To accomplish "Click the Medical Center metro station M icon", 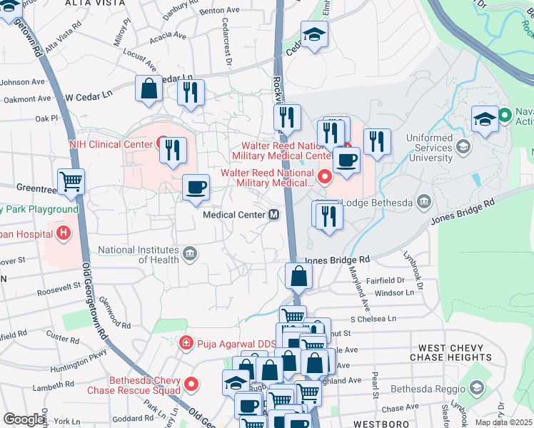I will tap(273, 215).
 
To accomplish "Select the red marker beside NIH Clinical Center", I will tap(163, 143).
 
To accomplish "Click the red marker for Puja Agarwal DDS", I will tap(186, 342).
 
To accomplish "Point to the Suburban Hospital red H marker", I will tap(64, 233).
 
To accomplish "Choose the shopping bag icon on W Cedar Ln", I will tap(149, 90).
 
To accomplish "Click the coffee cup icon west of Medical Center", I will tap(196, 188).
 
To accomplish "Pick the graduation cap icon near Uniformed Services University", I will tap(485, 119).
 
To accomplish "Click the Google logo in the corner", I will tap(23, 419).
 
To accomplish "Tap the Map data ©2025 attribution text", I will tap(503, 422).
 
